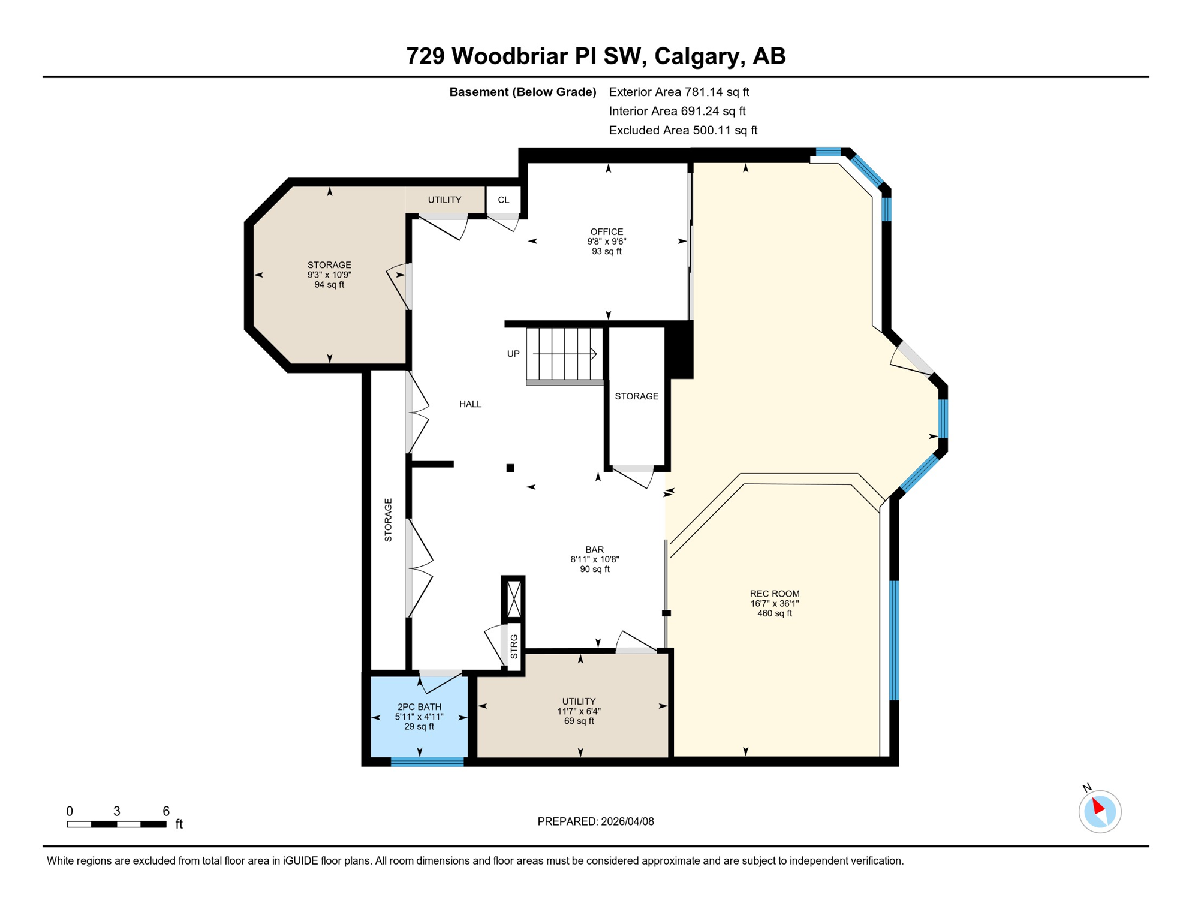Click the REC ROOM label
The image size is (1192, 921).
tap(774, 594)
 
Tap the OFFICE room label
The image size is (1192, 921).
tap(606, 231)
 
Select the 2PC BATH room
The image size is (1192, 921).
tap(419, 717)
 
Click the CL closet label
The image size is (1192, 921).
tap(503, 200)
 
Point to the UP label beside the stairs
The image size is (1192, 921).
tap(513, 354)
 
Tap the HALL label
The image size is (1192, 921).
tap(470, 404)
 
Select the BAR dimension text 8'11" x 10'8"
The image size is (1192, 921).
tap(594, 559)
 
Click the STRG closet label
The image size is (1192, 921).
tap(514, 646)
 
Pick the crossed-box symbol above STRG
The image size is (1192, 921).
tap(514, 598)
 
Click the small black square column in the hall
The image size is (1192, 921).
tap(510, 468)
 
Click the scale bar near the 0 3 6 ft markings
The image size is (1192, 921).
tap(116, 824)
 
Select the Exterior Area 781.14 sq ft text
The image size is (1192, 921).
tap(679, 92)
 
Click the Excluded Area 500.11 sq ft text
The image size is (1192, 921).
tap(683, 130)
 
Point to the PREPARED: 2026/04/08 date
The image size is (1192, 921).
tap(595, 821)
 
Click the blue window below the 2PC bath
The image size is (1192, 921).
tap(427, 762)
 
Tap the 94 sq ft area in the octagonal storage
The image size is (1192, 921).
tap(329, 285)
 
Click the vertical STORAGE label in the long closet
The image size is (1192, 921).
tap(388, 520)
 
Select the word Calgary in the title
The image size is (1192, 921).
tap(696, 56)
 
